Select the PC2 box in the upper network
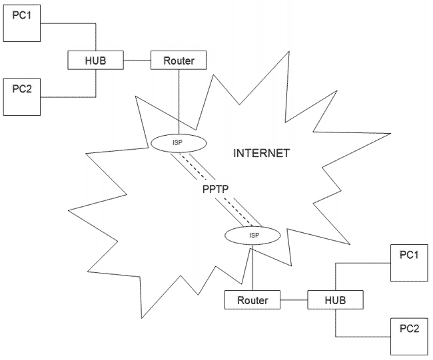pos(22,97)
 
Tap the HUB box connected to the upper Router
pos(96,61)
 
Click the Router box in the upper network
pos(178,61)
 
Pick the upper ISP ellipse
pos(178,142)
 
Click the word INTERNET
pos(261,153)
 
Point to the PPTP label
pos(216,189)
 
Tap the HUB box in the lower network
pos(335,300)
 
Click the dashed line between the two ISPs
pos(215,188)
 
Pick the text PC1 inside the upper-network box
pos(22,15)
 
